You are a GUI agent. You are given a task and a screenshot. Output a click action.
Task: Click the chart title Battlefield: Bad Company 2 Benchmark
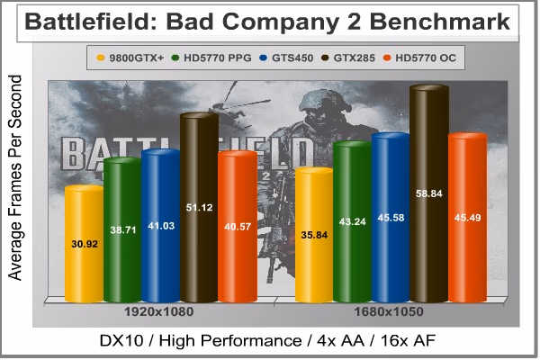(267, 22)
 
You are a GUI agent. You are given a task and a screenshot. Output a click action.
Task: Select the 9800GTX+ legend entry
(130, 58)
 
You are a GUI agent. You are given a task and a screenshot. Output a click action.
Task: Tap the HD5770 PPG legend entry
(211, 58)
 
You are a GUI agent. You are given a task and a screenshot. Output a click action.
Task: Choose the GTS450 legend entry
(286, 58)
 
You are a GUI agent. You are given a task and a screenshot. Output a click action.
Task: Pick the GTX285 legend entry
(347, 58)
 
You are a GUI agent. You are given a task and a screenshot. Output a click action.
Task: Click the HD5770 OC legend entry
(419, 58)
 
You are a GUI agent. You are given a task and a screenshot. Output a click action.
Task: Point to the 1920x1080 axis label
(158, 311)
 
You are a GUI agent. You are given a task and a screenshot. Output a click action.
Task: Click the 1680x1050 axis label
(389, 311)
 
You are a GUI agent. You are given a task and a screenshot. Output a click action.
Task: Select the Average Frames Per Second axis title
(14, 178)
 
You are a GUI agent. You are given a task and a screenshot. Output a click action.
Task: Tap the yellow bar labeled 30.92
(85, 244)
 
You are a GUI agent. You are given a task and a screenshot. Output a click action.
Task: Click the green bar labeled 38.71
(123, 229)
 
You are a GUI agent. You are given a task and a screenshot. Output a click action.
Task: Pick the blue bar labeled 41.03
(161, 226)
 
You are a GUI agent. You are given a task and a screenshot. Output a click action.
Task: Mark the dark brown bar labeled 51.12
(200, 207)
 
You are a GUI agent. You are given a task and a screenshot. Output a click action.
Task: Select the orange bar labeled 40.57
(238, 226)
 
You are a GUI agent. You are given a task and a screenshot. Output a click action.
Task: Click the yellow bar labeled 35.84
(314, 235)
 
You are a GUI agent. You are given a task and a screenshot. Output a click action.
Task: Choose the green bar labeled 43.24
(352, 221)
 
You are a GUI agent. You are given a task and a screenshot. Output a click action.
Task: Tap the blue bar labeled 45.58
(391, 218)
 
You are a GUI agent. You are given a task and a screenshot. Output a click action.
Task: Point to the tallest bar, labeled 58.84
(429, 193)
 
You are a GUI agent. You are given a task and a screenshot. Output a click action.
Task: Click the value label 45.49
(467, 218)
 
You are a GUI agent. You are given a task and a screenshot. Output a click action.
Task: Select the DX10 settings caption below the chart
(267, 341)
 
